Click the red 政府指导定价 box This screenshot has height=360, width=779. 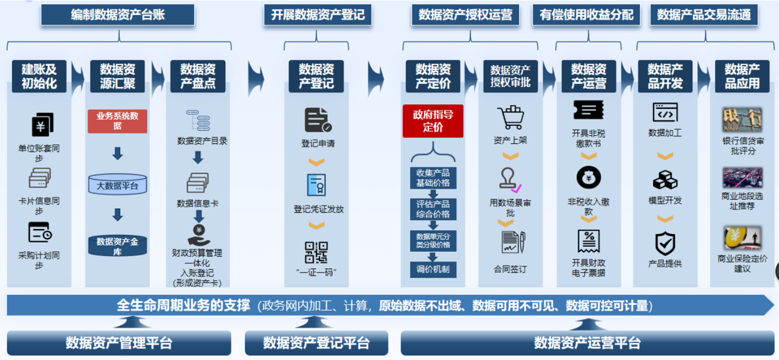coord(433,121)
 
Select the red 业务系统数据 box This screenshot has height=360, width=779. coord(118,121)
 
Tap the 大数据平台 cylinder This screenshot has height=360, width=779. coord(118,185)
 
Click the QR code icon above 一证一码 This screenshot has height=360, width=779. coord(316,252)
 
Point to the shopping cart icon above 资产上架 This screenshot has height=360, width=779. coord(510,117)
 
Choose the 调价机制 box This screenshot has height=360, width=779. coord(433,270)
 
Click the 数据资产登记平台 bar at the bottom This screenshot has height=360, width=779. coord(316,343)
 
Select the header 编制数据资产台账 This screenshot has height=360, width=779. coord(118,15)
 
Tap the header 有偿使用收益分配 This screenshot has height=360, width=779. coord(586,15)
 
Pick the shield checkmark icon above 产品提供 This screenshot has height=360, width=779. coord(665,243)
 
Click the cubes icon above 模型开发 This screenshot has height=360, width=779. coord(665,180)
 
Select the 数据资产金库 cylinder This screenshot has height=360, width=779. coord(118,246)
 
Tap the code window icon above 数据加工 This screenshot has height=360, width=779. coord(665,112)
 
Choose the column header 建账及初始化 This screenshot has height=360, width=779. coord(39,76)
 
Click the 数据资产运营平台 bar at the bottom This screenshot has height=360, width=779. coord(587,343)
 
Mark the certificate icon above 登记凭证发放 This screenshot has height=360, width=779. coord(316,185)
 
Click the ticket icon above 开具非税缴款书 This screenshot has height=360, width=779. coord(588,110)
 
